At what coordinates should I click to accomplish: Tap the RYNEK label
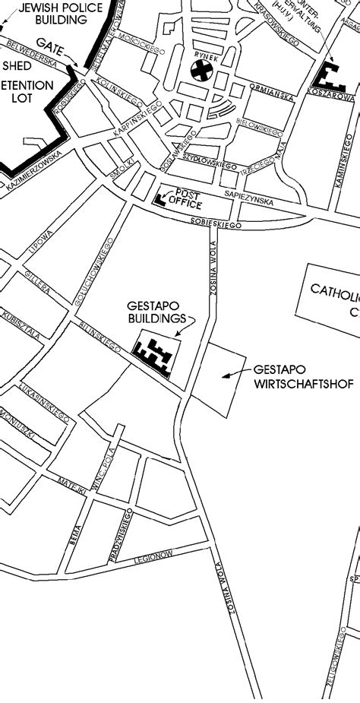(x=202, y=55)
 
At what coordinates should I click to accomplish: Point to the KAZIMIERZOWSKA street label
(x=32, y=174)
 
